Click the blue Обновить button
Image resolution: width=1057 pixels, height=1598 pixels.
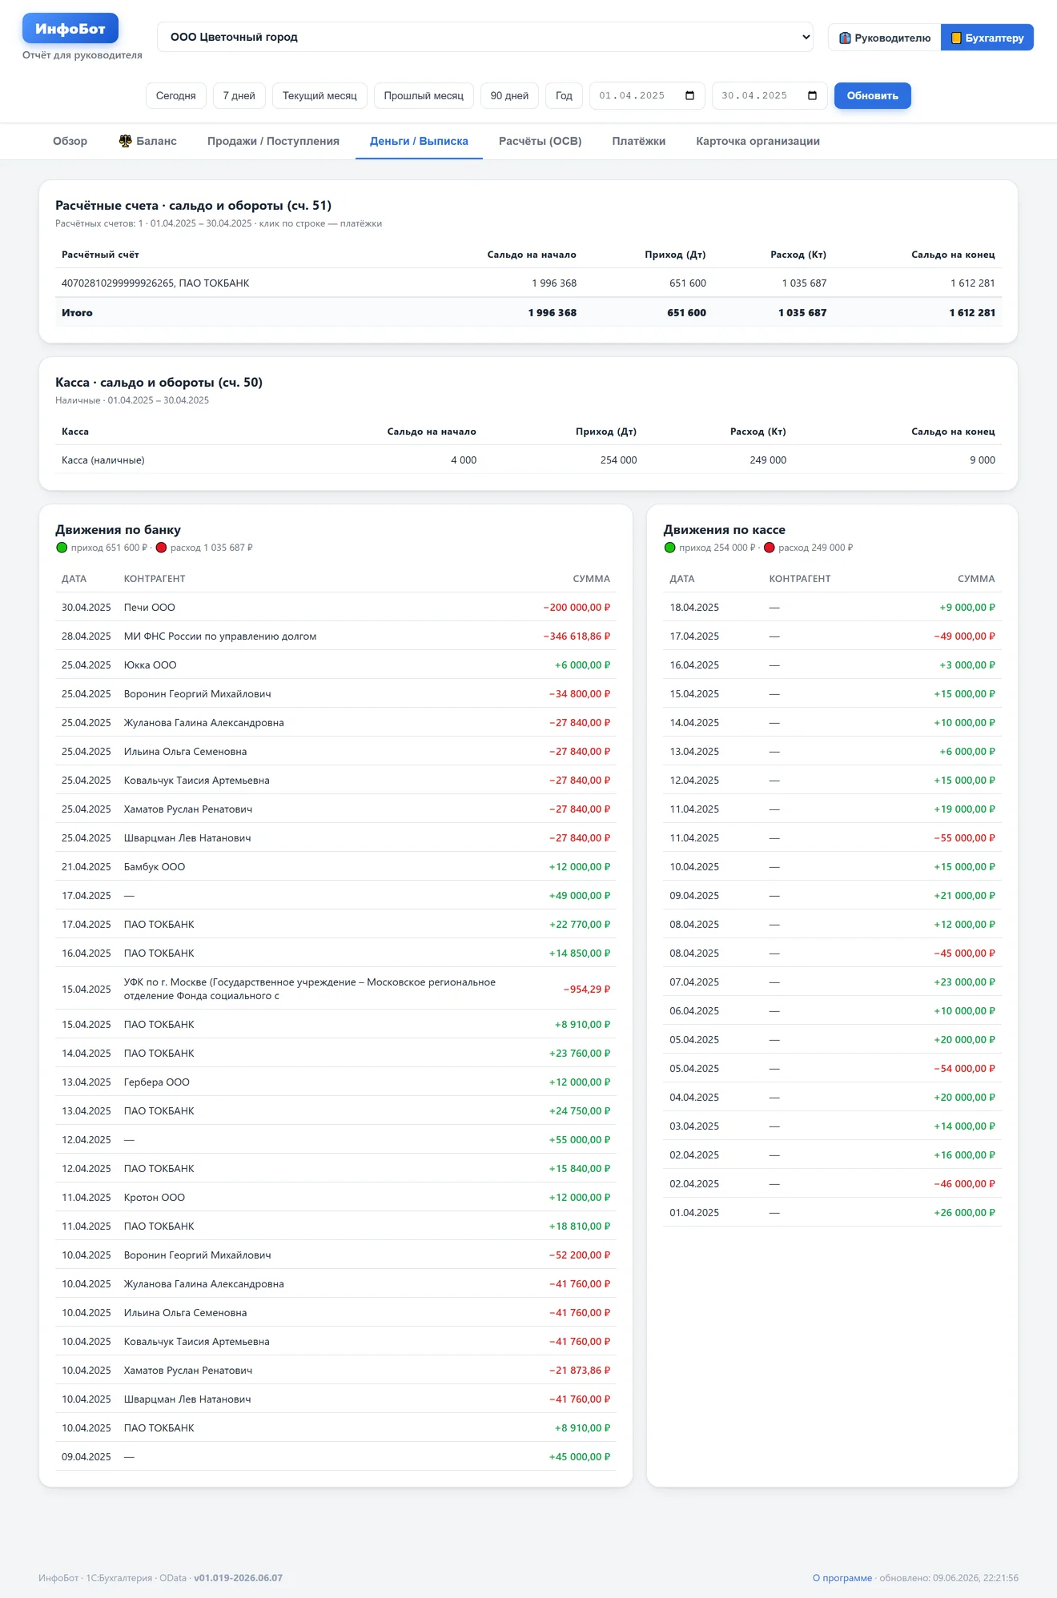coord(872,96)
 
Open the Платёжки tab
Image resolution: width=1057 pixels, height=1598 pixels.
coord(638,142)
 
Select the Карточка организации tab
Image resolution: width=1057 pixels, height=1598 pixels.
coord(758,142)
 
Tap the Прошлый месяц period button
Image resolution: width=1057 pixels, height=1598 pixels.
coord(424,96)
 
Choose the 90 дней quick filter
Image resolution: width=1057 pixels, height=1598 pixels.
coord(509,96)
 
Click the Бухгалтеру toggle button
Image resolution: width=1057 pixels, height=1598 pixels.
coord(987,38)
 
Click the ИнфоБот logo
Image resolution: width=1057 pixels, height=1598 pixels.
coord(70,29)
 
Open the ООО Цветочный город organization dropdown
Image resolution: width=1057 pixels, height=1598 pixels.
coord(485,37)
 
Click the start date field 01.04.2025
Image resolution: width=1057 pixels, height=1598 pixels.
coord(647,96)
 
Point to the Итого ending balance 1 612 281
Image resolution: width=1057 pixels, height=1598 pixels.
coord(972,313)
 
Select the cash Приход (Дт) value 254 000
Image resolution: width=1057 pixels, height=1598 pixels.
coord(618,460)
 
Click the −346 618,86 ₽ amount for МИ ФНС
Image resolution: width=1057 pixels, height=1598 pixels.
coord(577,636)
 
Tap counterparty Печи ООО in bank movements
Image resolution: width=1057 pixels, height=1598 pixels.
coord(149,608)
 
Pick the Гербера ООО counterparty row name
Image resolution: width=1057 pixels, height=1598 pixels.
coord(156,1082)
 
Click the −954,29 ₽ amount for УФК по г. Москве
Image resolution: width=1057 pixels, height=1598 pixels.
coord(586,990)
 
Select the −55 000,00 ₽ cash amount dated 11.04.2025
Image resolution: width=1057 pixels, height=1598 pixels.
coord(964,838)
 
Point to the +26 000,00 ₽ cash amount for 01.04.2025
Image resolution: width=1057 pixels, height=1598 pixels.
coord(964,1213)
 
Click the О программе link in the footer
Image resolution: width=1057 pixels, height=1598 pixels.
coord(842,1578)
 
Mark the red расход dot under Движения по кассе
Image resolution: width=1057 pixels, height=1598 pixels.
coord(770,548)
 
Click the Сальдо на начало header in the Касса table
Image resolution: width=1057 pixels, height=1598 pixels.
coord(432,432)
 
